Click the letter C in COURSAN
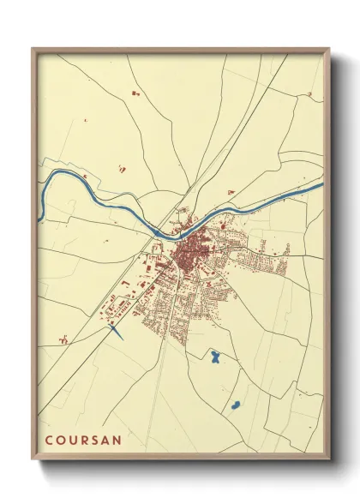49,441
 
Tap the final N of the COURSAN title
116,441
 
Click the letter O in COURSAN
60,441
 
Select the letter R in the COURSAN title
82,441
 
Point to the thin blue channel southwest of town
117,332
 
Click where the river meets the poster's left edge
39,219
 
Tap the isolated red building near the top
134,90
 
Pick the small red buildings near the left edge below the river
63,339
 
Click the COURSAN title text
82,441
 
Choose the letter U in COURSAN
71,441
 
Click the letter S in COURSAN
93,441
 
